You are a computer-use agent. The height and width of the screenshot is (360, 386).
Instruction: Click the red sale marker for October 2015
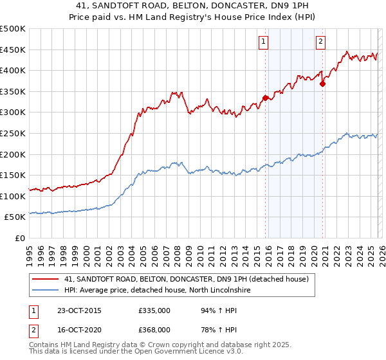(x=266, y=98)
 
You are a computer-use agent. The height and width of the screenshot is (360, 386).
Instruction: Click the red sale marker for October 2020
(x=323, y=84)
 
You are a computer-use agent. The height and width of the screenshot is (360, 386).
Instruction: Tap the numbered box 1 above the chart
(x=264, y=42)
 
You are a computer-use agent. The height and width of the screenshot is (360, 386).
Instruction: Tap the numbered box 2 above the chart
(x=320, y=42)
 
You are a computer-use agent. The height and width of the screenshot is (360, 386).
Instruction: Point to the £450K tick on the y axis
(x=13, y=50)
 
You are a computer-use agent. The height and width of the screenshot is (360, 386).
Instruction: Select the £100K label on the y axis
(x=13, y=196)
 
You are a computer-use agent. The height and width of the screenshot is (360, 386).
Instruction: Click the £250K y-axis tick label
(x=13, y=133)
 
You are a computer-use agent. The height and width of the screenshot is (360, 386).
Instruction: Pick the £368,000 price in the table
(x=154, y=329)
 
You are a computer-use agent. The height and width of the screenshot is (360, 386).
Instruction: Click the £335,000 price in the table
(x=154, y=310)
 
